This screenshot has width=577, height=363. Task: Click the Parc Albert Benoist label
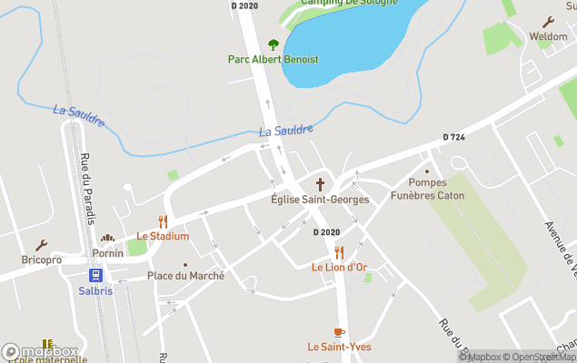click(273, 60)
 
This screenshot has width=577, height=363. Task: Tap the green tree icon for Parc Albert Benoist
click(274, 44)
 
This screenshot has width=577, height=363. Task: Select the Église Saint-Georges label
click(320, 199)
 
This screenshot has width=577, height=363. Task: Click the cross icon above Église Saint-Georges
click(320, 183)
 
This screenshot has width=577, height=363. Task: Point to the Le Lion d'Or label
click(339, 267)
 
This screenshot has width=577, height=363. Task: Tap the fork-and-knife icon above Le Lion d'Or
click(339, 251)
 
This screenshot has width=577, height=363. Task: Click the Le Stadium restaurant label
click(163, 236)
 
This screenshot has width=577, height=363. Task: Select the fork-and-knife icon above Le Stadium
click(164, 221)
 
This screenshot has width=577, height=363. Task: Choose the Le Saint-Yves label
click(339, 347)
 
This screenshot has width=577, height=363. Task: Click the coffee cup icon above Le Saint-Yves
click(339, 332)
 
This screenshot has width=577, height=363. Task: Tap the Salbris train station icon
click(95, 275)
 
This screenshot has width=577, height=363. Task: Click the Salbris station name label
click(95, 290)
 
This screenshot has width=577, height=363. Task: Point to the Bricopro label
click(42, 260)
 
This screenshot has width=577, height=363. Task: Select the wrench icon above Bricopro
click(42, 245)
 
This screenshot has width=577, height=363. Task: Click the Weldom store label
click(548, 36)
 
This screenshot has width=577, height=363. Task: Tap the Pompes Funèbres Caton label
click(427, 189)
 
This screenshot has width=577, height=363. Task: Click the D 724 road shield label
click(454, 137)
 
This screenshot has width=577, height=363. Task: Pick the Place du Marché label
click(185, 276)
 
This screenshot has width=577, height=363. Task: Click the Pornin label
click(108, 253)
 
